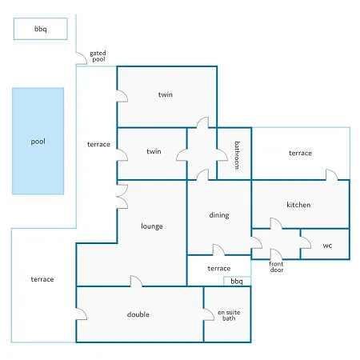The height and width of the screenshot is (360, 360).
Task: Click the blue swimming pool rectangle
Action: tap(38, 141)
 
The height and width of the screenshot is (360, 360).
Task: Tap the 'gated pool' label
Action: tap(98, 56)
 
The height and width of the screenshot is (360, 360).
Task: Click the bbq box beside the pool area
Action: tap(41, 29)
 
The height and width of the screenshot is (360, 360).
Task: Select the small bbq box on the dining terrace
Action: tap(237, 282)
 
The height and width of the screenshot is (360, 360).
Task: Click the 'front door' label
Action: tap(276, 267)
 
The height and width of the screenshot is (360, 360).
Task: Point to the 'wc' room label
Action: tap(327, 246)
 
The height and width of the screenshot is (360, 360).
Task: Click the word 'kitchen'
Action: tap(298, 205)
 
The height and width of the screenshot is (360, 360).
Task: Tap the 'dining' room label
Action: tap(219, 215)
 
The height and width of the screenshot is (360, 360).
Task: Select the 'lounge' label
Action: tap(152, 226)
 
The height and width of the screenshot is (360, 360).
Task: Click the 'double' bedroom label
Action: tap(138, 314)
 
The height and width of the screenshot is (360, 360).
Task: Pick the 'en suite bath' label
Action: tap(229, 315)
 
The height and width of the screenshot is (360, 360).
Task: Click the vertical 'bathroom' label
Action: tap(237, 155)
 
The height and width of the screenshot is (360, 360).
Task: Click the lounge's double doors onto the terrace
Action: tap(122, 196)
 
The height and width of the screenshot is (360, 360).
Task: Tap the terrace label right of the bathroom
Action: tap(300, 153)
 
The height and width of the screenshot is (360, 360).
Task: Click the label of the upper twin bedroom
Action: tap(166, 94)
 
